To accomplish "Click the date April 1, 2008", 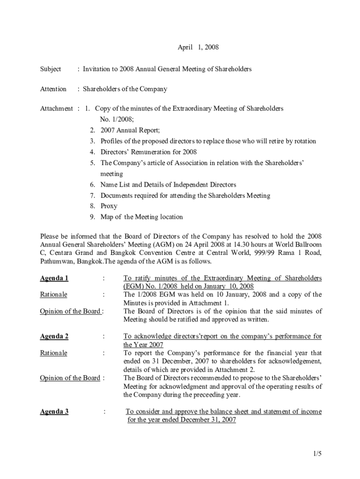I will point(198,47).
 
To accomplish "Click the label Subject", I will point(50,69).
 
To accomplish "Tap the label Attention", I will point(53,89).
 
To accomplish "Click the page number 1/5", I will point(318,454).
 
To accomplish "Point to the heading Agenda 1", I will point(54,278).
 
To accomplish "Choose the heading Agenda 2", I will point(54,336).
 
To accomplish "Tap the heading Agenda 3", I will point(54,412).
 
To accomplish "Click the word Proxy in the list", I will point(109,206).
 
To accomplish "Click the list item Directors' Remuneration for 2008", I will point(149,152).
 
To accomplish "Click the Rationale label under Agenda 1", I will point(53,295).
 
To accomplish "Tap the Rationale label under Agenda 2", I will point(53,353).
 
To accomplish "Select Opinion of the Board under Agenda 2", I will point(70,378).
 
